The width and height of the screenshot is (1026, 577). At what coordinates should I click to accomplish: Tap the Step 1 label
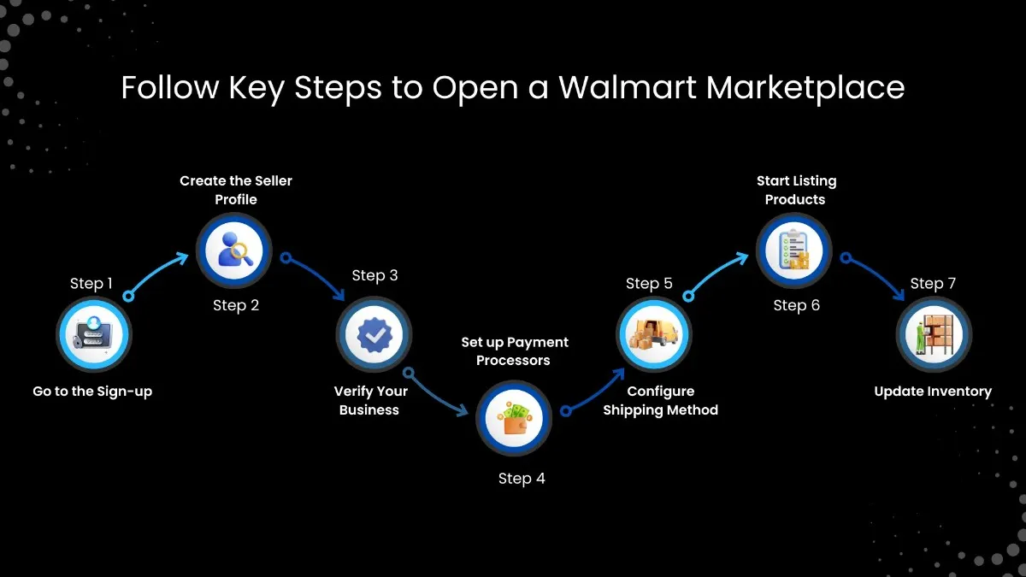click(x=91, y=284)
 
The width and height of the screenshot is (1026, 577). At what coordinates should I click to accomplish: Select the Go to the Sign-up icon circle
click(x=93, y=334)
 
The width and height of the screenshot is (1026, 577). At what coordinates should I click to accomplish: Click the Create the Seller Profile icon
click(x=233, y=250)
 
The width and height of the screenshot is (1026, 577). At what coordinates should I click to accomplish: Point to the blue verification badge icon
click(x=373, y=334)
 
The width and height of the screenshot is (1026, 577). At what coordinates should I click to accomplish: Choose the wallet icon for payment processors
click(x=514, y=418)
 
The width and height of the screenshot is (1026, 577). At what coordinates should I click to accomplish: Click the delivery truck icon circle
click(x=654, y=334)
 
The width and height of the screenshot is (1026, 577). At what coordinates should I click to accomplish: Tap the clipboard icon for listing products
click(x=794, y=250)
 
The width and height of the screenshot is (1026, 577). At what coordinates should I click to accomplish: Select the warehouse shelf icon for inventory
click(x=934, y=334)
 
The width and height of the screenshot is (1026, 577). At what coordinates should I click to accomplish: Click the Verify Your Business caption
click(x=370, y=400)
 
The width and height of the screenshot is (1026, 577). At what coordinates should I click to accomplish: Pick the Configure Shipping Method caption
click(x=660, y=400)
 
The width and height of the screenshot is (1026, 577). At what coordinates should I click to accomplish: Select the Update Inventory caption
click(x=933, y=392)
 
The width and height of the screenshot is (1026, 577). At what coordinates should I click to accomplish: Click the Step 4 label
click(x=522, y=479)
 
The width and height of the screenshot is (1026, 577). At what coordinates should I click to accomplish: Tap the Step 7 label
click(x=933, y=284)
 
